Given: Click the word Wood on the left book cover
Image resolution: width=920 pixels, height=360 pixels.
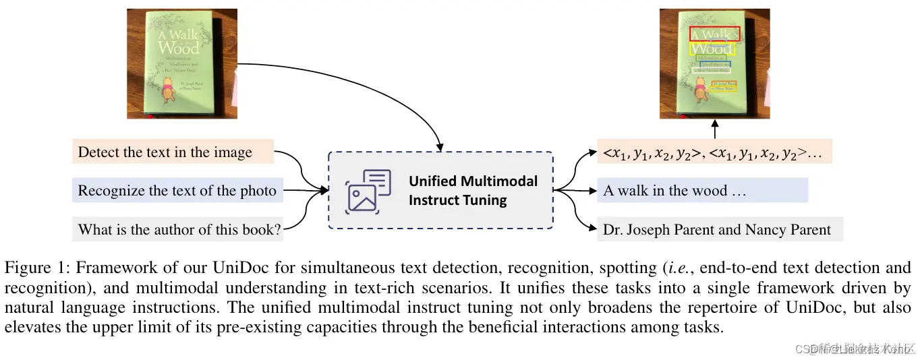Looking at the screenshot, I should coord(178,48).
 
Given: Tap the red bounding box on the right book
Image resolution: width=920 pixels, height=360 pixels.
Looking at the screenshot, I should coord(714,34).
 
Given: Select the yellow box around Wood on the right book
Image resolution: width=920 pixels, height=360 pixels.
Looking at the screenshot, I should coord(712,49).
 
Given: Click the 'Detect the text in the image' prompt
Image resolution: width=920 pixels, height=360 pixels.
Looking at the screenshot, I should coord(165,152).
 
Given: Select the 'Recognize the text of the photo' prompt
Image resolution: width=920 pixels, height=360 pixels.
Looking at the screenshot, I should coord(177,191).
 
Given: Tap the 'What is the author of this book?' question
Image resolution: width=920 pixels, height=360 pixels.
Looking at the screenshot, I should coord(179,229).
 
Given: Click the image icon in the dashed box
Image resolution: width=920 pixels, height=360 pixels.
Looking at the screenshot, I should coord(368,191).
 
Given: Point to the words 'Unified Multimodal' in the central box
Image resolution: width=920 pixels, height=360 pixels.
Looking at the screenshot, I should coord(473,181).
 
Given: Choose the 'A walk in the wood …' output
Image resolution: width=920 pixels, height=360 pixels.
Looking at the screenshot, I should coord(674,191).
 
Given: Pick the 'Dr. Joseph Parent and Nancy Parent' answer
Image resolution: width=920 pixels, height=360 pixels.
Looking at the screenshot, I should coord(717,230).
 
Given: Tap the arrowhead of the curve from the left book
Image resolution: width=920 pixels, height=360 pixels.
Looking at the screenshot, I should coord(440,147).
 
